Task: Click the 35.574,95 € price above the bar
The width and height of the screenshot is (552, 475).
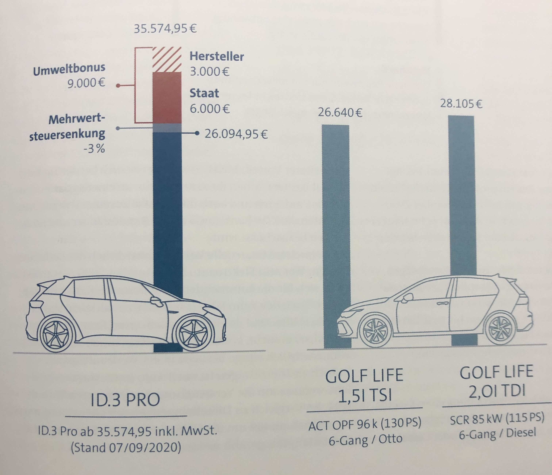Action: click(x=165, y=28)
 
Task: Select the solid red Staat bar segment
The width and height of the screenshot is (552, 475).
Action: click(x=167, y=97)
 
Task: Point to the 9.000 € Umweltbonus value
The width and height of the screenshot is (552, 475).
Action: click(x=86, y=84)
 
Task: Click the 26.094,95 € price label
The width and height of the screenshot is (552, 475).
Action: click(x=236, y=134)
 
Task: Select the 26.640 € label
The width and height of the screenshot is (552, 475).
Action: click(x=340, y=113)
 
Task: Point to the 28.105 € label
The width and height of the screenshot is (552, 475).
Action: click(x=461, y=104)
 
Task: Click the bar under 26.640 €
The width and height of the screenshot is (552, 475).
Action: click(x=336, y=213)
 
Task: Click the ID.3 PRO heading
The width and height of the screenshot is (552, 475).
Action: click(x=125, y=400)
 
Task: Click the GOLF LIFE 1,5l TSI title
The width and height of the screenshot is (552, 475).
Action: click(x=365, y=385)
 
